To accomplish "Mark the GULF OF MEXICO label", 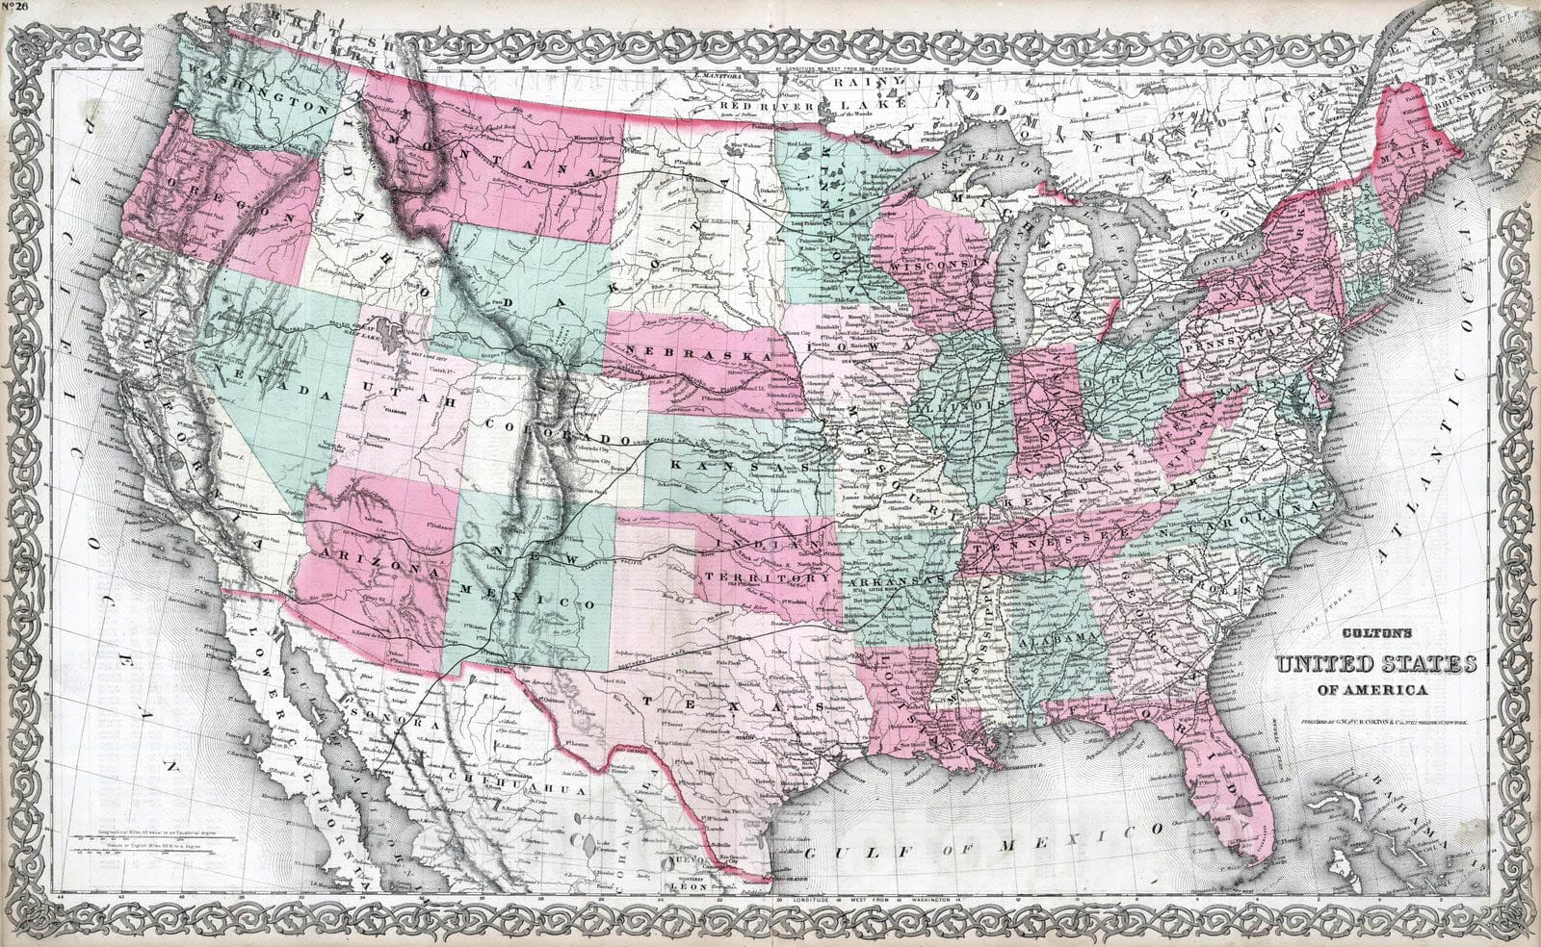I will tap(982, 839).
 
